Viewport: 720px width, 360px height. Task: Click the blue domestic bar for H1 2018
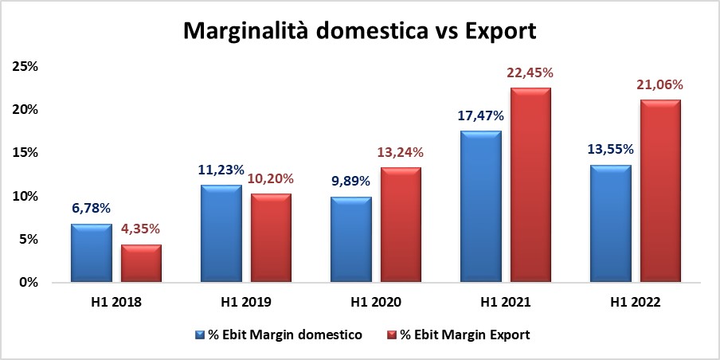tap(92, 253)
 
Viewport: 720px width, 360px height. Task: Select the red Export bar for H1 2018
tap(141, 264)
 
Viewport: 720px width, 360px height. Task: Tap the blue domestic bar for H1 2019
tap(221, 234)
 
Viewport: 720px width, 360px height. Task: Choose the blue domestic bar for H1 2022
tap(611, 224)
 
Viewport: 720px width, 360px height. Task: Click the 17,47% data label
tap(480, 116)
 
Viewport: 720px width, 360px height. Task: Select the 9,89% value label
tap(350, 181)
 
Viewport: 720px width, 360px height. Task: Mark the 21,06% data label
tap(659, 85)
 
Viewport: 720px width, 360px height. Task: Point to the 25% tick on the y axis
tap(25, 67)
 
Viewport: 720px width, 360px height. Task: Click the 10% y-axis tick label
tap(25, 196)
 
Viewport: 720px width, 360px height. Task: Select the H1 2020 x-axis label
tap(376, 303)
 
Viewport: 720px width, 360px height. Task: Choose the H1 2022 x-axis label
tap(635, 303)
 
